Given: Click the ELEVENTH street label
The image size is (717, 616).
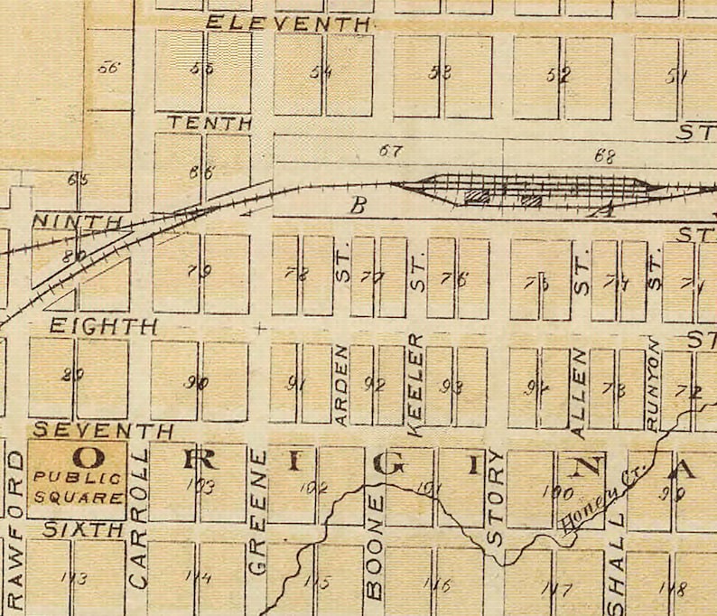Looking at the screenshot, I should coord(288,24).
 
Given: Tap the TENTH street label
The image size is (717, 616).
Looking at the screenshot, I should coord(209,123).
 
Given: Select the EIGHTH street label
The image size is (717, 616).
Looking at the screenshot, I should coord(103,326).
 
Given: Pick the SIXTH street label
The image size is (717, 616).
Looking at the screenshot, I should coord(83,530).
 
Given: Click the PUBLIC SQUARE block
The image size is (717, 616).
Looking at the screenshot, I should coord(77,479).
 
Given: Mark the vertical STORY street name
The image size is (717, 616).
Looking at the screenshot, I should coord(495,498).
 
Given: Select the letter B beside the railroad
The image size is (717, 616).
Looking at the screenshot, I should coord(358,206).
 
